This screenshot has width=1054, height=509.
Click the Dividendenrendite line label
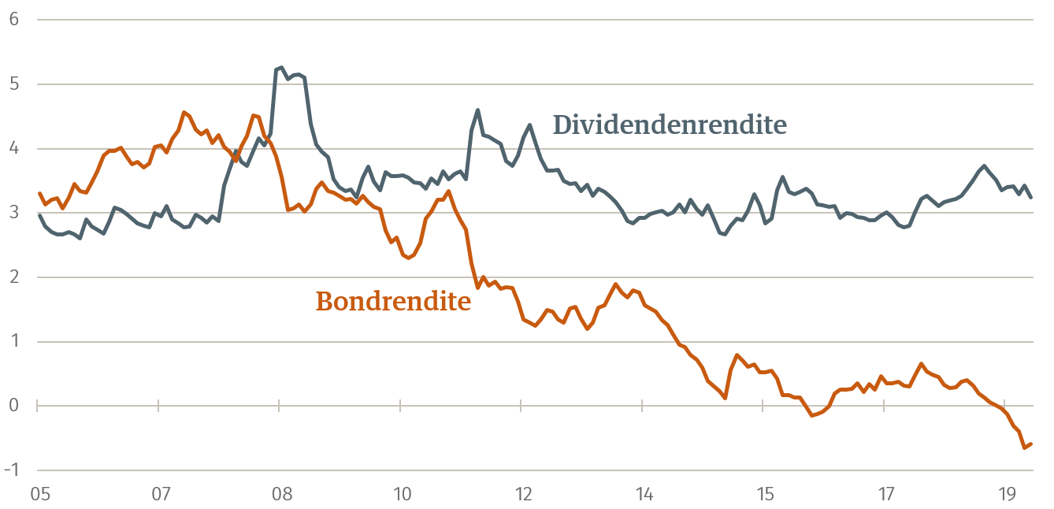(x=670, y=124)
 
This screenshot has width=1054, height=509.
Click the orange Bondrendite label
(x=393, y=301)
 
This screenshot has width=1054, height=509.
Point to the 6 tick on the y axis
(x=13, y=20)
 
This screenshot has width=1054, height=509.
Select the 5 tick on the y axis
(x=13, y=84)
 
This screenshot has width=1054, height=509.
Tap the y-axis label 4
(x=13, y=149)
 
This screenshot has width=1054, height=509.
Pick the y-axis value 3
(x=13, y=213)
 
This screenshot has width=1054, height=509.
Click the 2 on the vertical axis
(x=13, y=277)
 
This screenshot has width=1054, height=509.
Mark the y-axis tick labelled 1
(x=13, y=342)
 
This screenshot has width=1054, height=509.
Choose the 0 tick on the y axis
(x=13, y=406)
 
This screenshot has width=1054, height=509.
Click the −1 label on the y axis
(x=11, y=470)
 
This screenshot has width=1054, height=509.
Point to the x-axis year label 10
(x=402, y=494)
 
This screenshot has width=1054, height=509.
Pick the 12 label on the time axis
(x=523, y=494)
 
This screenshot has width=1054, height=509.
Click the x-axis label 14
(x=644, y=494)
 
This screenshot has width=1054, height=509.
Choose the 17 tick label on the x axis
(x=886, y=494)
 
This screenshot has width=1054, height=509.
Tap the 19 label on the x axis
(x=1007, y=494)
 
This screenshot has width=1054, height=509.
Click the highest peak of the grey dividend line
(x=281, y=68)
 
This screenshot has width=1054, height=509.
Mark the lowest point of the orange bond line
(x=1025, y=448)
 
